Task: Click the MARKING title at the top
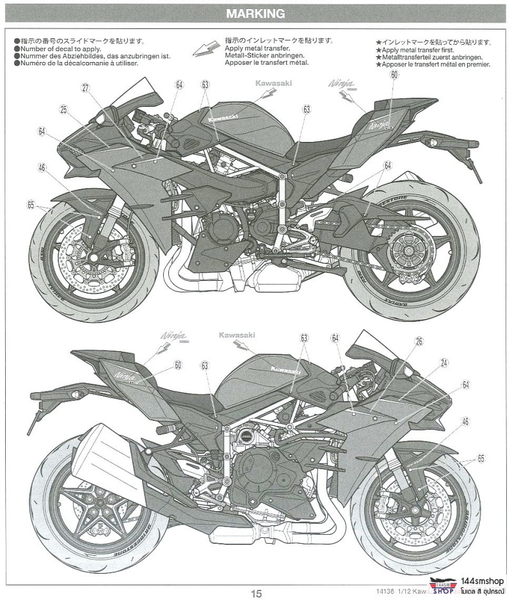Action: click(x=256, y=13)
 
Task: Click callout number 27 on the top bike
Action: click(x=84, y=89)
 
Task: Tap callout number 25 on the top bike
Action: click(x=64, y=109)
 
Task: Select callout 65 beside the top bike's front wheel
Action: click(x=30, y=205)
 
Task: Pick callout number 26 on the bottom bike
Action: click(x=419, y=342)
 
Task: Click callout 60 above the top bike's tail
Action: click(x=394, y=75)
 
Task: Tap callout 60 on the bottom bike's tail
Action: click(x=178, y=365)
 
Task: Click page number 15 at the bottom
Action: click(x=256, y=594)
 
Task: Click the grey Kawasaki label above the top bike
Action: click(x=273, y=83)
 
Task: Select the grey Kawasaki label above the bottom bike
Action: click(x=237, y=335)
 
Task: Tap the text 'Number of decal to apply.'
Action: click(x=61, y=49)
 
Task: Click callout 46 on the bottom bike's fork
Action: click(x=465, y=422)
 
